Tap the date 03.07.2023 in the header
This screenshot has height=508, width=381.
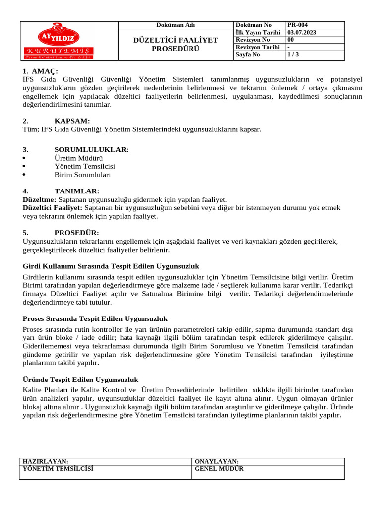pyautogui.click(x=302, y=32)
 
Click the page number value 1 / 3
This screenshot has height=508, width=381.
pyautogui.click(x=293, y=55)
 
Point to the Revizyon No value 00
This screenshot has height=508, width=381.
pyautogui.click(x=291, y=40)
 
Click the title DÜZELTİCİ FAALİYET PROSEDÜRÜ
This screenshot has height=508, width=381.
pyautogui.click(x=176, y=44)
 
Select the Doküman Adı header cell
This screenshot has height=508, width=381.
pyautogui.click(x=176, y=25)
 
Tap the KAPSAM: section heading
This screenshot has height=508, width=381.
pyautogui.click(x=72, y=121)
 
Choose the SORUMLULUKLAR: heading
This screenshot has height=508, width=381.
pyautogui.click(x=91, y=149)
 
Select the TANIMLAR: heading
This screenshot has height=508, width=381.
pyautogui.click(x=76, y=191)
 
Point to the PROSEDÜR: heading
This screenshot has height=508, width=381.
pyautogui.click(x=76, y=232)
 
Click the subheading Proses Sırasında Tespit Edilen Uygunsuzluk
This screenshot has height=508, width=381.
pyautogui.click(x=95, y=318)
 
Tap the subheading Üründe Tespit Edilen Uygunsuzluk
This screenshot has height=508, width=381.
pyautogui.click(x=80, y=380)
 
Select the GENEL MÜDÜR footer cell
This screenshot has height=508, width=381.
pyautogui.click(x=219, y=468)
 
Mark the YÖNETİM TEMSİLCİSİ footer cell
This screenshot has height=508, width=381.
pyautogui.click(x=58, y=468)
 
